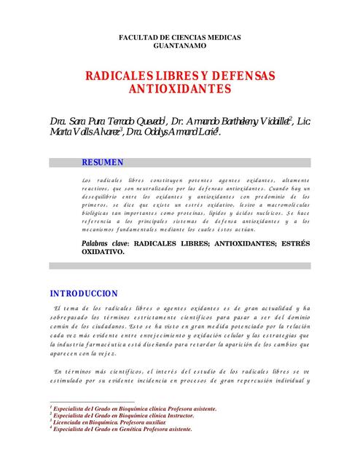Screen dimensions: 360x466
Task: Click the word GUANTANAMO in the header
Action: pyautogui.click(x=179, y=45)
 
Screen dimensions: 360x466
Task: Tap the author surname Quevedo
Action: pyautogui.click(x=146, y=120)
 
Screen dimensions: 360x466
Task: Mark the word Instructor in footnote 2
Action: pyautogui.click(x=195, y=416)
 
